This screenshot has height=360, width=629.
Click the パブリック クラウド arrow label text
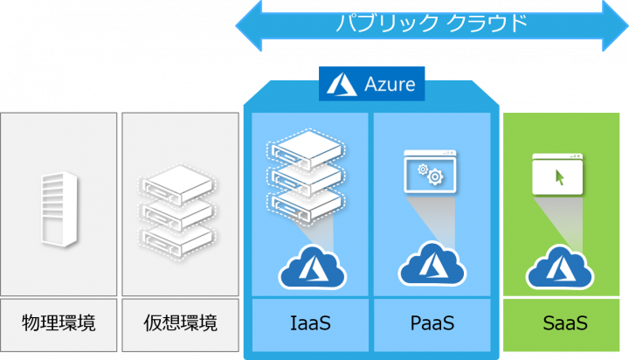[432, 22]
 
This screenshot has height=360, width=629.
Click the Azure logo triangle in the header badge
[339, 84]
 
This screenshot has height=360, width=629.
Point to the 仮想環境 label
[180, 323]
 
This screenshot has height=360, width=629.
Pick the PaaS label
[432, 323]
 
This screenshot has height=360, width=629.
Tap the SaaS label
[563, 323]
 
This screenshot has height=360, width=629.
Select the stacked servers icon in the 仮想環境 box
[179, 210]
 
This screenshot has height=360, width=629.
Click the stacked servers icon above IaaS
[303, 175]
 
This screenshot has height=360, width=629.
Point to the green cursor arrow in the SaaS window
[559, 177]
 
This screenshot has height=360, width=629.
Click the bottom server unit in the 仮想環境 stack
[179, 236]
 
